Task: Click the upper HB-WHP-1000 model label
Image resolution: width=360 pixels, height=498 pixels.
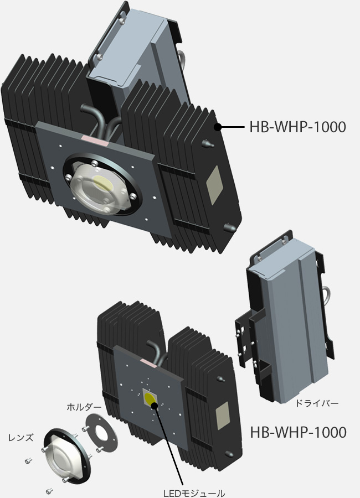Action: point(298,127)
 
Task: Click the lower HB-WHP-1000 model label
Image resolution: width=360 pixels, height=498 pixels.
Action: point(298,432)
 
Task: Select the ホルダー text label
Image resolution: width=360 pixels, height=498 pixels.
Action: point(84,407)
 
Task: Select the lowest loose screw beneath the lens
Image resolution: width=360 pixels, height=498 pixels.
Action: point(49,490)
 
